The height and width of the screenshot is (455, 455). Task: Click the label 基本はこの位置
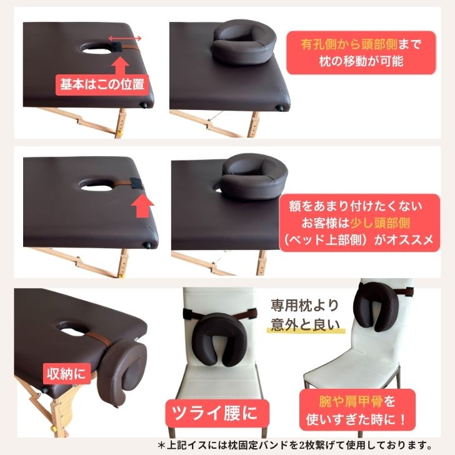pyautogui.click(x=102, y=85)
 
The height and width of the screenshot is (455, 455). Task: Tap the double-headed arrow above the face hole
pyautogui.click(x=125, y=38)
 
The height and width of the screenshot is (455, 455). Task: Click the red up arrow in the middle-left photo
pyautogui.click(x=142, y=206)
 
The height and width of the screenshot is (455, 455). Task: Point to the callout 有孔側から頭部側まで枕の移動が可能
pyautogui.click(x=361, y=52)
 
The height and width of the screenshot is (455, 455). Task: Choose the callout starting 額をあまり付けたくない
pyautogui.click(x=359, y=223)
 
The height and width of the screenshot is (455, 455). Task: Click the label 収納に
pyautogui.click(x=67, y=374)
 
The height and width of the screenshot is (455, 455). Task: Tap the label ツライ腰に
pyautogui.click(x=215, y=413)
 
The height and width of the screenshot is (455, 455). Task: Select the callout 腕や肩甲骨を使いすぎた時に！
pyautogui.click(x=357, y=410)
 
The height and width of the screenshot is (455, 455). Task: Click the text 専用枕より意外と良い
pyautogui.click(x=305, y=315)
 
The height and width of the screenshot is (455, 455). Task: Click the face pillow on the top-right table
pyautogui.click(x=243, y=42)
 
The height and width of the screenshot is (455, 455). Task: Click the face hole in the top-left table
pyautogui.click(x=95, y=49)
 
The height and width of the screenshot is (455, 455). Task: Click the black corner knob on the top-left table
pyautogui.click(x=142, y=104)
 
